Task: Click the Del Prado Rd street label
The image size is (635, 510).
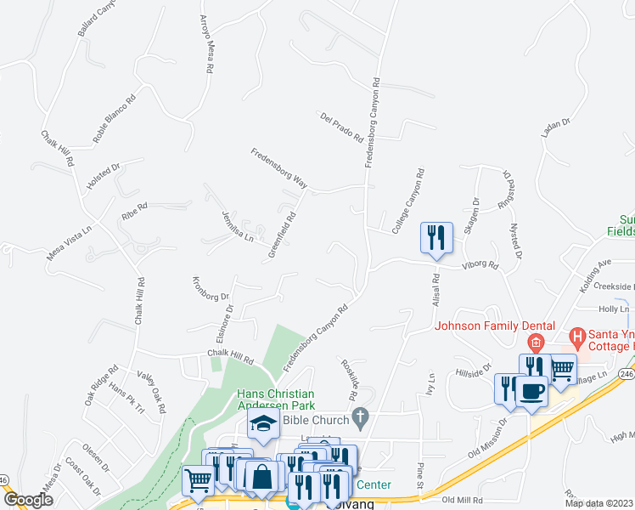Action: click(x=341, y=127)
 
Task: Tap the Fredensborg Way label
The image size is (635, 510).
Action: click(x=278, y=167)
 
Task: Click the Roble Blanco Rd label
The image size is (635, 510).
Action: click(x=114, y=118)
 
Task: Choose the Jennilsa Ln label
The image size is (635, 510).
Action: click(x=238, y=226)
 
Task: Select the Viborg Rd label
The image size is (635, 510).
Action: click(x=480, y=265)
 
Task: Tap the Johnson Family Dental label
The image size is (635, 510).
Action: click(x=495, y=326)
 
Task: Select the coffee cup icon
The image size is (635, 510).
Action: click(x=531, y=392)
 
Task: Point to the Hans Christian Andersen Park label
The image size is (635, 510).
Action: click(x=277, y=399)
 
